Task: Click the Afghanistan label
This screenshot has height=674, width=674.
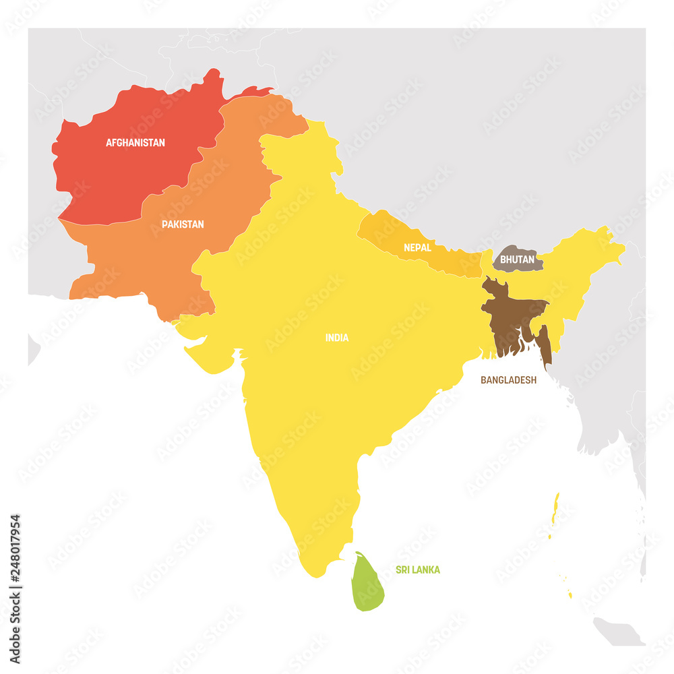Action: [135, 143]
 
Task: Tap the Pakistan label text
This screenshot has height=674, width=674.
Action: [182, 224]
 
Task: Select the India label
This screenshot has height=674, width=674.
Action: [337, 338]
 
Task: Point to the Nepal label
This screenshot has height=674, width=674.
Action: [417, 247]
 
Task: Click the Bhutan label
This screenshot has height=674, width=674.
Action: [518, 259]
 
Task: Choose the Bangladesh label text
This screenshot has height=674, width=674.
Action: [508, 380]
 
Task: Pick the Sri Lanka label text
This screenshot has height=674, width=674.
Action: [417, 570]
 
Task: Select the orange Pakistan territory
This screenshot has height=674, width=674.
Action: [135, 263]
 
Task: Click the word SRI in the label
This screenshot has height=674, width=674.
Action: [402, 570]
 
